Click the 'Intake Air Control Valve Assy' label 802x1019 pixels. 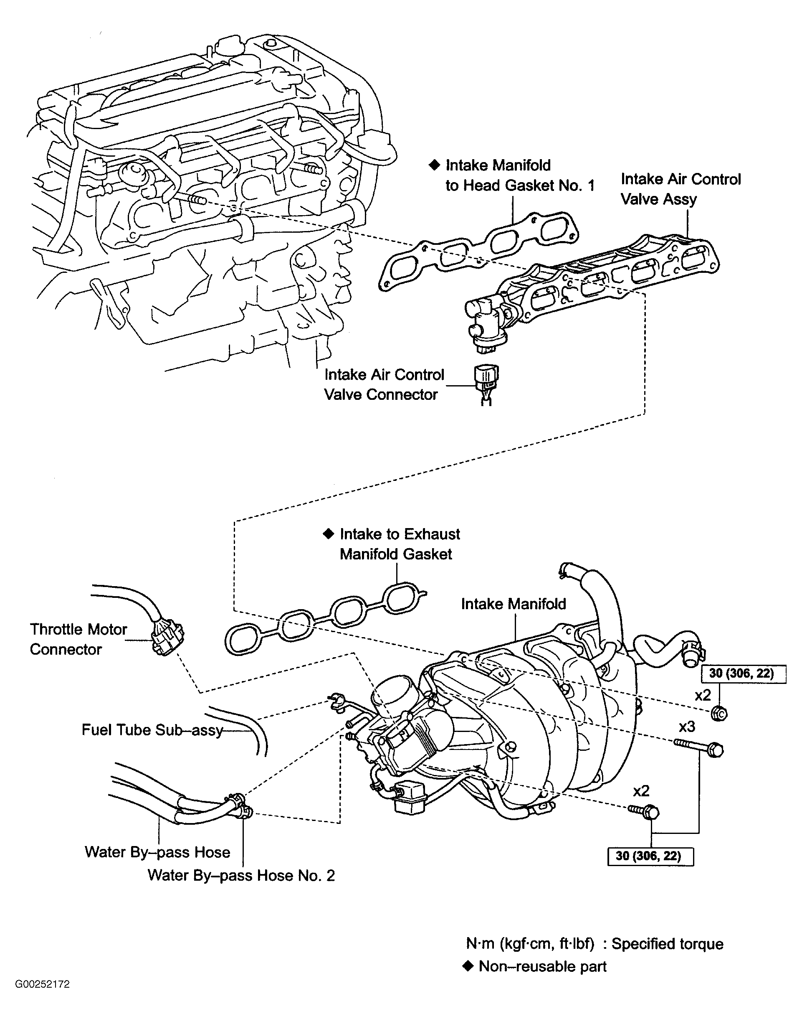681,189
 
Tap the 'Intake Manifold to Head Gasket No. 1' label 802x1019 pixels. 520,175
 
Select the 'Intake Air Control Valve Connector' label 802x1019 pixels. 384,384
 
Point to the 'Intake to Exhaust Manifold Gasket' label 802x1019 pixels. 400,544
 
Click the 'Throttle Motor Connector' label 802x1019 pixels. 78,639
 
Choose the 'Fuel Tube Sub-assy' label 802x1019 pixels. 152,729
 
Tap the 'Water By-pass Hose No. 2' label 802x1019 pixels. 241,875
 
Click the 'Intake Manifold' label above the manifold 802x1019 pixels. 513,604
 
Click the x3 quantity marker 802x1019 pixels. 687,727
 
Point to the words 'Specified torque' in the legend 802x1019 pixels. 667,944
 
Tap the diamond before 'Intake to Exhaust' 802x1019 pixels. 328,534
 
